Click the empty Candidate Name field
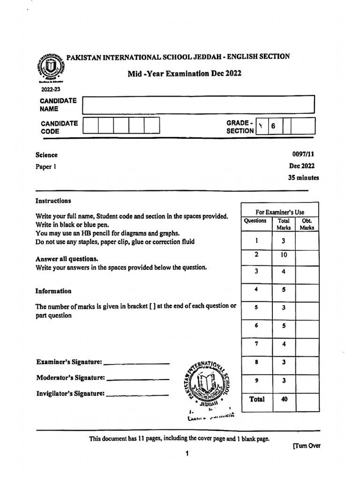point(198,105)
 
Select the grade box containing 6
point(274,126)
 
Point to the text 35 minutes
point(303,178)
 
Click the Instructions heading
point(53,201)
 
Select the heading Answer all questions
point(67,259)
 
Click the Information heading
point(53,291)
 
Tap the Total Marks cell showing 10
point(284,255)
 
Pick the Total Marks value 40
point(284,399)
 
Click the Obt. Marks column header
point(307,224)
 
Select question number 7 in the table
point(256,344)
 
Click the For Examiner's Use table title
point(279,212)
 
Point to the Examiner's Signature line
point(136,362)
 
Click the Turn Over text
point(307,446)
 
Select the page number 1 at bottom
point(187,453)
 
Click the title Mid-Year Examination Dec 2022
point(185,74)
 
